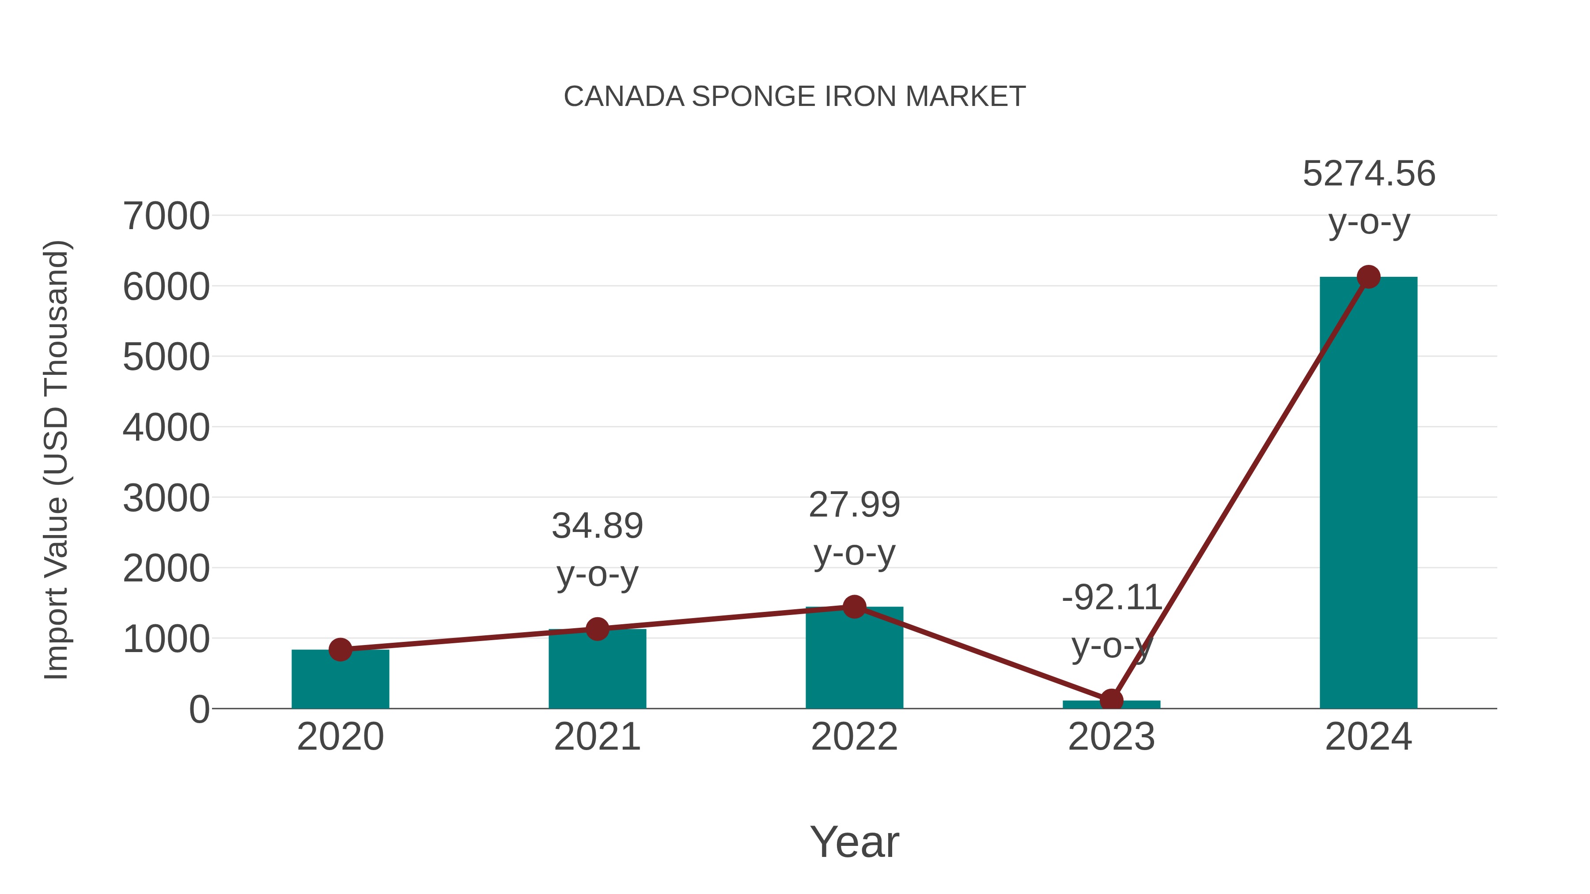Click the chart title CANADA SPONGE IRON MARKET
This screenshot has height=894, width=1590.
tap(795, 97)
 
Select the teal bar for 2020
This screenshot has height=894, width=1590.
tap(340, 682)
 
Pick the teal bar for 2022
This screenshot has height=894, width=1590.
tap(854, 660)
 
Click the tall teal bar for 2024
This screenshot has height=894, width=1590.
tap(1368, 494)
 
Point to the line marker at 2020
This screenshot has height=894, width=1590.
tap(340, 650)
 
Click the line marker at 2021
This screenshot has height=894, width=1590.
tap(597, 629)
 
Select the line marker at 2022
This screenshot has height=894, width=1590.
tap(854, 607)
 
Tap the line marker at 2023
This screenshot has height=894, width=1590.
tap(1111, 700)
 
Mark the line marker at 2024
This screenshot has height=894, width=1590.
tap(1368, 277)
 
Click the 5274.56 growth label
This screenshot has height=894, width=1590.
tap(1368, 174)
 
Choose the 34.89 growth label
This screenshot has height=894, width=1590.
tap(597, 526)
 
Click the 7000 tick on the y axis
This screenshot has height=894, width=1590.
tap(166, 217)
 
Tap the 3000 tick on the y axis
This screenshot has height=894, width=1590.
tap(166, 498)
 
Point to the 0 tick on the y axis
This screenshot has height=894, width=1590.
tap(199, 709)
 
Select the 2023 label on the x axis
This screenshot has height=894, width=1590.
tap(1111, 737)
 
